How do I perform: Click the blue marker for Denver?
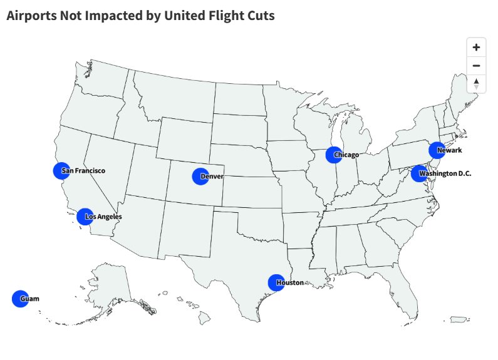click(x=200, y=177)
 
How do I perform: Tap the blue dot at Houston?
click(x=276, y=283)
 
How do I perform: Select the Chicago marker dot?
click(x=335, y=155)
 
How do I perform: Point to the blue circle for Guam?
click(x=20, y=299)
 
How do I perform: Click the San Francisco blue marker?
click(x=61, y=170)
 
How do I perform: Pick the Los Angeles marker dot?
click(x=85, y=217)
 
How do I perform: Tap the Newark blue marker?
click(x=437, y=150)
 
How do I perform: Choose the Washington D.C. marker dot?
click(x=419, y=173)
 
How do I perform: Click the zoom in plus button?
click(x=476, y=48)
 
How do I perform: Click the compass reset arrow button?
click(x=476, y=83)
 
